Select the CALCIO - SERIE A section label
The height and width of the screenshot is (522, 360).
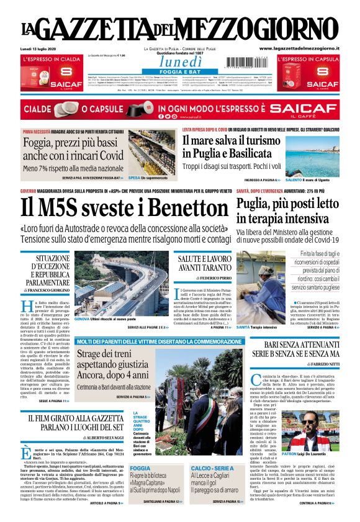tap(213, 467)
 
